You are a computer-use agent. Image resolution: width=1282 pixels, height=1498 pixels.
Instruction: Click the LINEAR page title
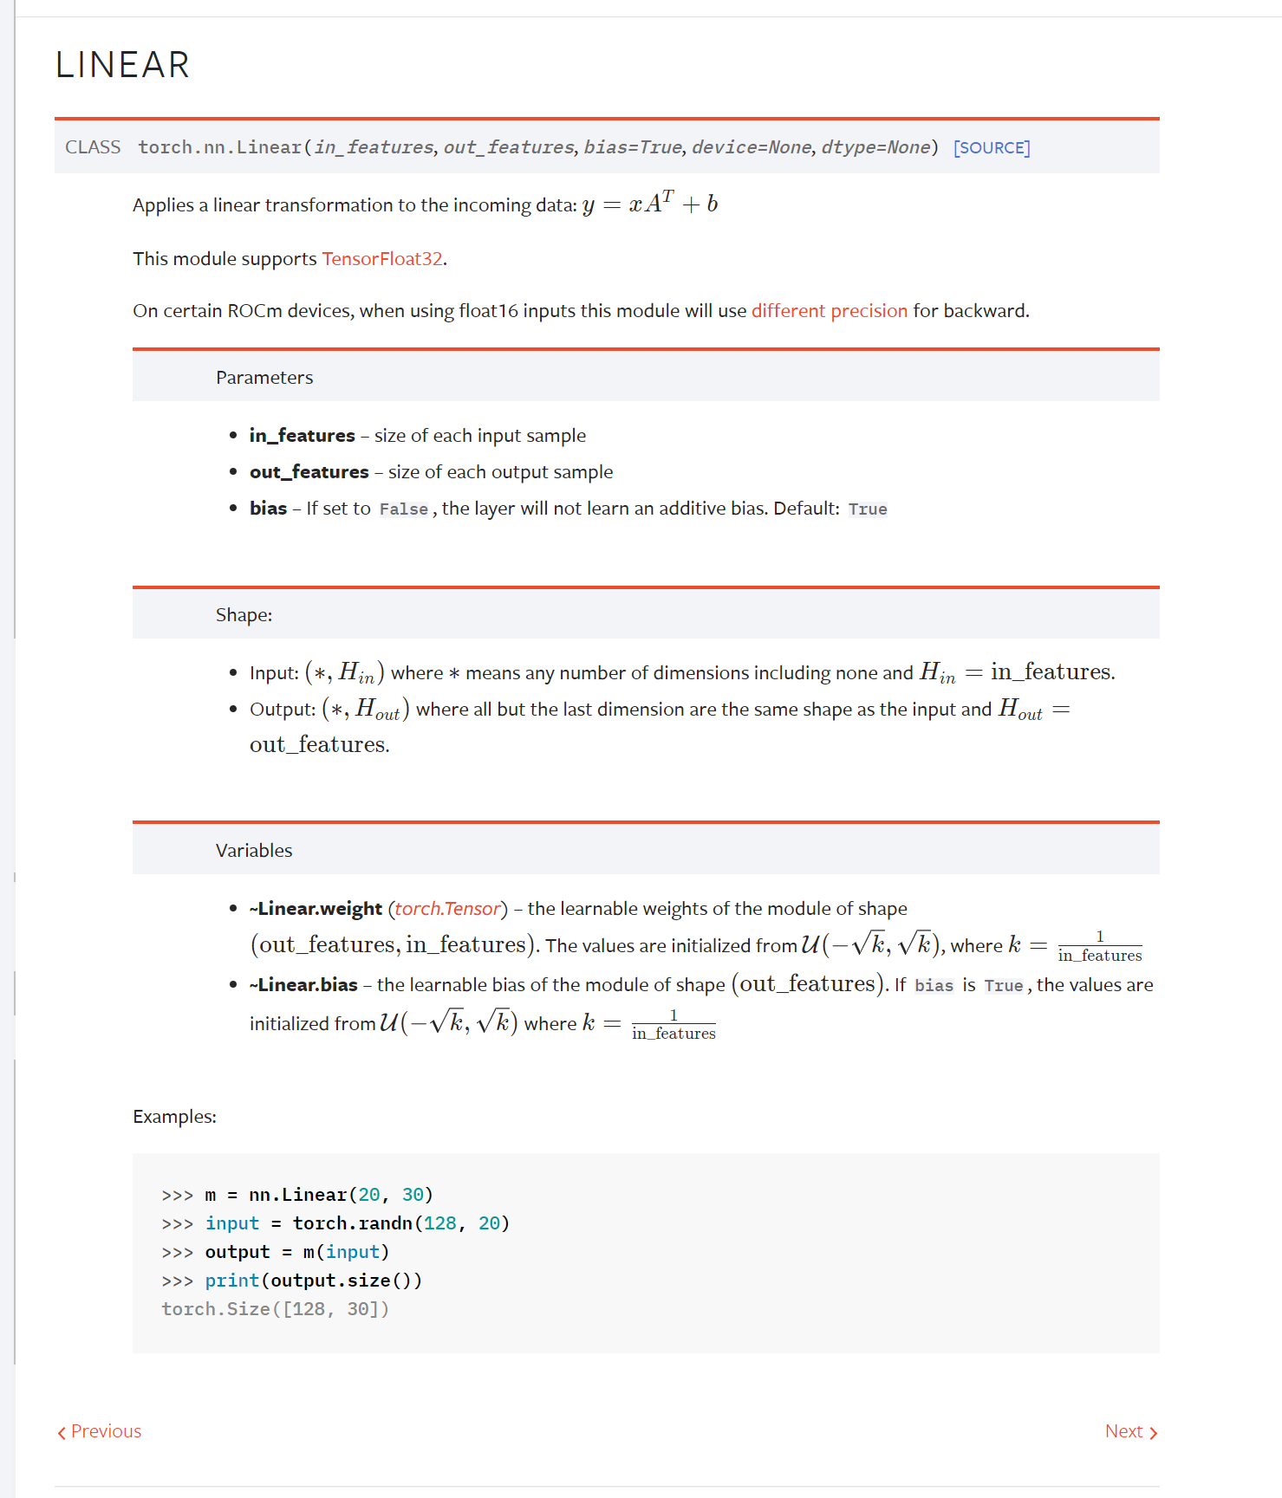[122, 65]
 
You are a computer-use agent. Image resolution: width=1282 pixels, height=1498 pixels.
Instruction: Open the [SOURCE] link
[992, 147]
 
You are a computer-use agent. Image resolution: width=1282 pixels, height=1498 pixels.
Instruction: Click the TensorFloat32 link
[382, 258]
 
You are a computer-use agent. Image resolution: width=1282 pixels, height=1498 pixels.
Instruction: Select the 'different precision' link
[829, 310]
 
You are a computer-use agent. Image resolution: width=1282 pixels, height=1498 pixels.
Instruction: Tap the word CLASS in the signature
[93, 147]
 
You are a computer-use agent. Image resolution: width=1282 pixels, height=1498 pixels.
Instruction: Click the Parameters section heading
[264, 377]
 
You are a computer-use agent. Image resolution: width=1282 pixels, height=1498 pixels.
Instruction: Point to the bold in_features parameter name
[302, 435]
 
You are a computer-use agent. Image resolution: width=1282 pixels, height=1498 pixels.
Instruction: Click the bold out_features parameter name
[309, 471]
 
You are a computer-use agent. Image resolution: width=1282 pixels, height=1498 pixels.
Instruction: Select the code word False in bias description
[403, 509]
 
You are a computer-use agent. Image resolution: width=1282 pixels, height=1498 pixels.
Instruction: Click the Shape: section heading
[244, 614]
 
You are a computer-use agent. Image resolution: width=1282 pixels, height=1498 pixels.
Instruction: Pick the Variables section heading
[254, 850]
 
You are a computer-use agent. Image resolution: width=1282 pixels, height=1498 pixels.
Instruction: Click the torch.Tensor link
[447, 908]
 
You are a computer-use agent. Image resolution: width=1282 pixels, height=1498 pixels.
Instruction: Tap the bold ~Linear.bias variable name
[303, 984]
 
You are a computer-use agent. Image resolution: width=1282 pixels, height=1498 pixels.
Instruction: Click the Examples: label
[174, 1116]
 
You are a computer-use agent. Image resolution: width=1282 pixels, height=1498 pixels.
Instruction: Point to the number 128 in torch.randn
[440, 1222]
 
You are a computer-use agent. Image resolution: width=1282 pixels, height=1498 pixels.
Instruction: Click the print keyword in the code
[231, 1280]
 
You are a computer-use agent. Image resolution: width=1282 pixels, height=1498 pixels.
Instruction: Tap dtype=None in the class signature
[875, 147]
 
